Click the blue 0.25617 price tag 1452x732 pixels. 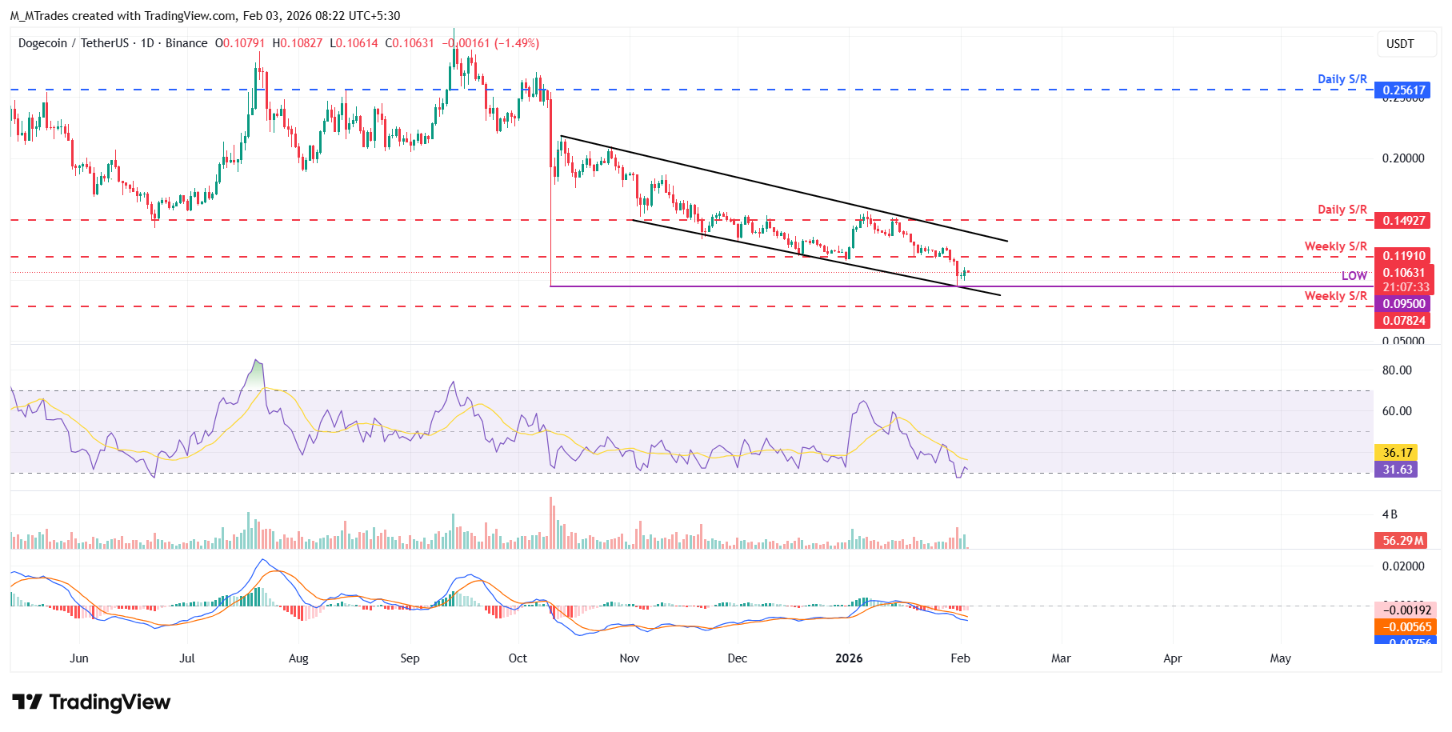click(1404, 90)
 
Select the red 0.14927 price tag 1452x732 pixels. click(1404, 221)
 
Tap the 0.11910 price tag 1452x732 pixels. click(1404, 257)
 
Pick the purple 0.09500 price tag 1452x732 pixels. click(1404, 304)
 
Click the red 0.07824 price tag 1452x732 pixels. click(1404, 321)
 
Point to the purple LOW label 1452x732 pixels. click(1354, 276)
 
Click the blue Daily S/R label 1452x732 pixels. click(1342, 79)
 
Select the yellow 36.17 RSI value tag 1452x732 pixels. click(1396, 453)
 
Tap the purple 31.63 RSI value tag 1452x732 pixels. click(1396, 470)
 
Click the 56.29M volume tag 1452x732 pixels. click(1402, 541)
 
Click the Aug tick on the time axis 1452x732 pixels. click(298, 658)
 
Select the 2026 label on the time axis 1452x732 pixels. click(849, 658)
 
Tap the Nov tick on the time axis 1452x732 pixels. click(630, 658)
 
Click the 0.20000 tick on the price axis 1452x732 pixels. click(1403, 158)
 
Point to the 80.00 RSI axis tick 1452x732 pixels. click(1397, 370)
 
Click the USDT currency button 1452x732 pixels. click(1400, 44)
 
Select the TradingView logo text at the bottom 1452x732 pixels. click(110, 702)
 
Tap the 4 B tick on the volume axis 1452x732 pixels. click(1390, 514)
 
